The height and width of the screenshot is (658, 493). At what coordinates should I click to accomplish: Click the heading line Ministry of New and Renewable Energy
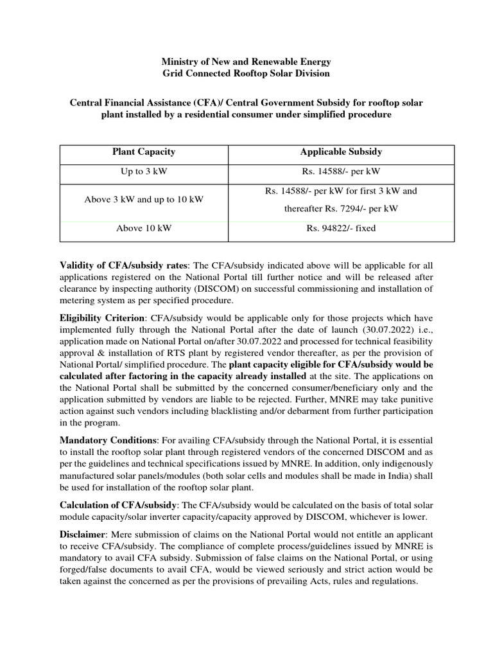(x=246, y=62)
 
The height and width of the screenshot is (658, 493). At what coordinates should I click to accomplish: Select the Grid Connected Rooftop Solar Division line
(x=246, y=73)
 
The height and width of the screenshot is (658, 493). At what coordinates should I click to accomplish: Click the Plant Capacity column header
(x=144, y=152)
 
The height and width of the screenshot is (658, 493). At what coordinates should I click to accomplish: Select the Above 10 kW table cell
(x=144, y=228)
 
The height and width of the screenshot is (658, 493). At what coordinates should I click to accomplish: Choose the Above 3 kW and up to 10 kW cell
(x=144, y=199)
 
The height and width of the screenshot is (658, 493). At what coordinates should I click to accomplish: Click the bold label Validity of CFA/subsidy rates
(x=124, y=265)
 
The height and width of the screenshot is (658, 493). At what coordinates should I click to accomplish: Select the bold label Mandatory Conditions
(x=108, y=440)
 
